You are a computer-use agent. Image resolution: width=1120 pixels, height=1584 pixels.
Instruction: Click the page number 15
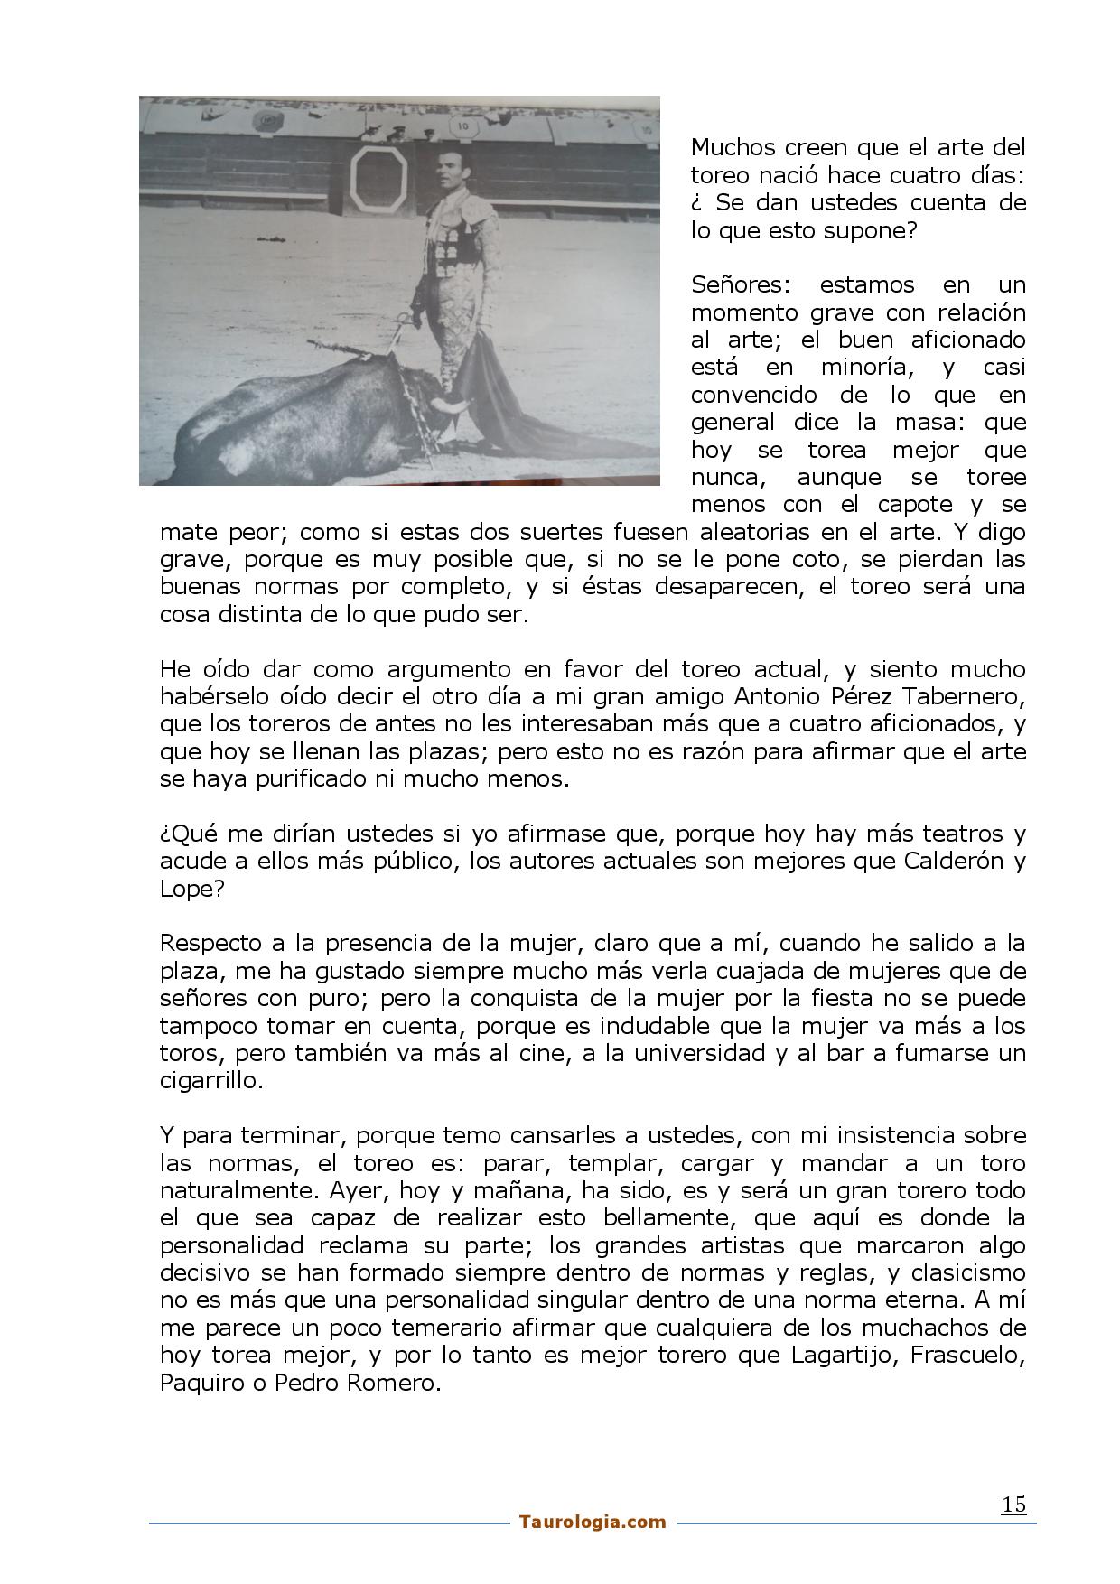pyautogui.click(x=1013, y=1505)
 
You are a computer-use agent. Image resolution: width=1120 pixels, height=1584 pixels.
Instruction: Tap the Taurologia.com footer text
pyautogui.click(x=593, y=1522)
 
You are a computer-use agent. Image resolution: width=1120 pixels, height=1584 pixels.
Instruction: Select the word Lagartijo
pyautogui.click(x=842, y=1356)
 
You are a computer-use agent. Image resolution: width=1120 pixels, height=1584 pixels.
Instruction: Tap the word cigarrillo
pyautogui.click(x=210, y=1080)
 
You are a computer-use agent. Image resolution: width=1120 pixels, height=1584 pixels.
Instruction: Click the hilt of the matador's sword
pyautogui.click(x=404, y=322)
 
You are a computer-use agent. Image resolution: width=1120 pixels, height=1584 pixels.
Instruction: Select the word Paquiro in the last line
pyautogui.click(x=201, y=1383)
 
